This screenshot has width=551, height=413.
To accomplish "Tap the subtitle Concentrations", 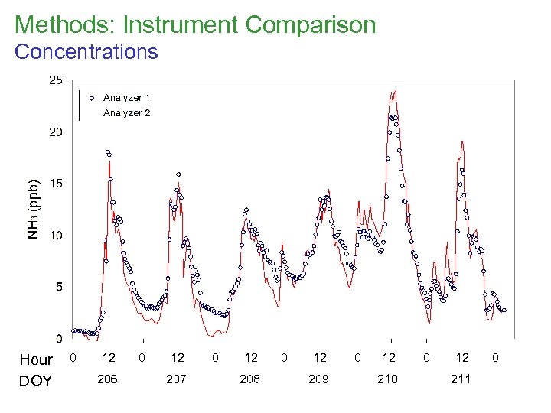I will (x=86, y=52).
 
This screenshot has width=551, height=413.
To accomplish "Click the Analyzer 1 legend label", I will (x=126, y=98).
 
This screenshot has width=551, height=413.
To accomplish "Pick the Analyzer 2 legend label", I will (x=126, y=113).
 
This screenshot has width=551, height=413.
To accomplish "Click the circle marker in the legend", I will (x=91, y=98).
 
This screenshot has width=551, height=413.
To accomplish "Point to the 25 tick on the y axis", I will (x=56, y=80).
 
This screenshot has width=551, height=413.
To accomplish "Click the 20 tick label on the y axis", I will (x=56, y=132).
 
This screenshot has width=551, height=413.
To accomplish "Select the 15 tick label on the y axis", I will (x=56, y=184).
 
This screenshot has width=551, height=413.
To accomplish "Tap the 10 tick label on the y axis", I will (x=56, y=236).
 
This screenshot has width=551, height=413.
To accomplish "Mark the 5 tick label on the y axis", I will (x=59, y=287).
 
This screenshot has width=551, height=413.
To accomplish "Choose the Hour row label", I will (x=35, y=359).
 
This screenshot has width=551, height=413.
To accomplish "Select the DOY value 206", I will (x=107, y=379).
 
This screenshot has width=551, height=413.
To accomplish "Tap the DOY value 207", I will (x=176, y=379).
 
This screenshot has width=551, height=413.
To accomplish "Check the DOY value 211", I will (x=461, y=379).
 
